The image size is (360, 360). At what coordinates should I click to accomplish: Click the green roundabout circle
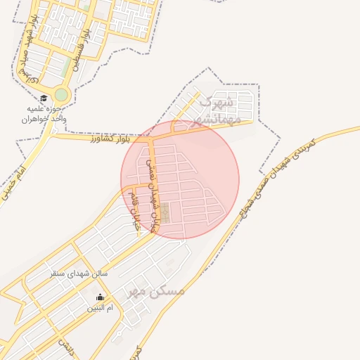[62, 95]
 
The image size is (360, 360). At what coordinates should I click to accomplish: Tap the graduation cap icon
[44, 99]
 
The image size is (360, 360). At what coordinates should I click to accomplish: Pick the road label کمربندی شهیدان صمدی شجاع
[281, 172]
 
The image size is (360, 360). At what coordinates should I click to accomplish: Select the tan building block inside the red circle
[165, 212]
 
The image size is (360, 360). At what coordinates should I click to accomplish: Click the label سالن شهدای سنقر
[78, 272]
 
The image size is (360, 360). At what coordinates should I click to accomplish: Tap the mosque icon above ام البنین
[100, 297]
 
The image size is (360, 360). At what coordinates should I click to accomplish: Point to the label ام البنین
[100, 308]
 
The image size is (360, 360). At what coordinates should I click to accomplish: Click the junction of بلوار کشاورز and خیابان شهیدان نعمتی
[150, 135]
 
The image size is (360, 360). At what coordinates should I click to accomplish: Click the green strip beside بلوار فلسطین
[72, 67]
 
